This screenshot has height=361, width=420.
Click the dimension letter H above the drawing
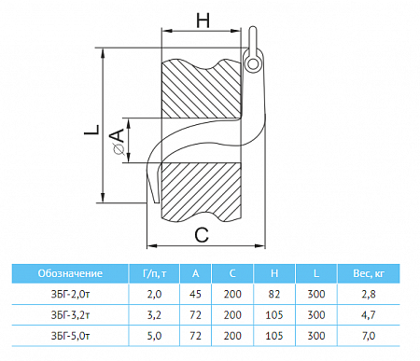click(x=203, y=21)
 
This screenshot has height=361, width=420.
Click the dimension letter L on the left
click(x=92, y=130)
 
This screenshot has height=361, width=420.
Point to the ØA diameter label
click(x=118, y=142)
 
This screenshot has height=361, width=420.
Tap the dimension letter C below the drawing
click(x=202, y=235)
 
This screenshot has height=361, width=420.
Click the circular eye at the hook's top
click(x=253, y=64)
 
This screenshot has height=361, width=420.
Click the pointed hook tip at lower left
click(x=155, y=202)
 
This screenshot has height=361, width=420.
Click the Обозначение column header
click(x=70, y=273)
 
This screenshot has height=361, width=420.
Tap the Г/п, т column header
click(x=154, y=273)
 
